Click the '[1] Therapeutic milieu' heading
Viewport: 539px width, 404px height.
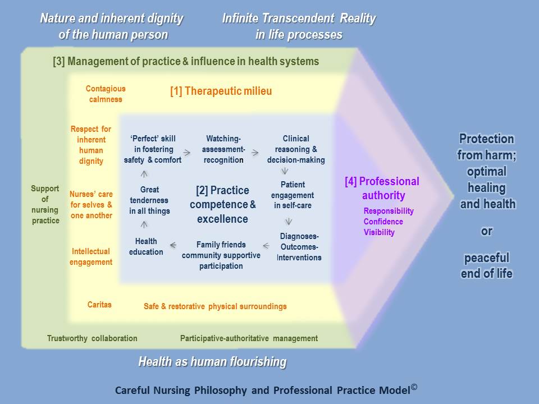[x=221, y=91]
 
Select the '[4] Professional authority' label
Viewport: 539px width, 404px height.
[x=382, y=189]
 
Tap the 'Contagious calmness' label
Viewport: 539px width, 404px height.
[x=106, y=94]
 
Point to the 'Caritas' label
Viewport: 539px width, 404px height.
[x=99, y=304]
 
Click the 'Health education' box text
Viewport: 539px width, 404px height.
[x=146, y=246]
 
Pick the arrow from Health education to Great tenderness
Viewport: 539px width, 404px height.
[x=144, y=224]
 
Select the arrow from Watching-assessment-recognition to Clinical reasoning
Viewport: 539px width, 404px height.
[x=255, y=153]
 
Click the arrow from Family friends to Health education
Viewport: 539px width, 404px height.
[x=173, y=245]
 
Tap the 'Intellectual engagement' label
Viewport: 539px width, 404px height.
[x=91, y=256]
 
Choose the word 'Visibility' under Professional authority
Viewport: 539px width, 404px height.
[x=379, y=232]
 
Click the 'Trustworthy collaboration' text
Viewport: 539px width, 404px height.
[x=92, y=338]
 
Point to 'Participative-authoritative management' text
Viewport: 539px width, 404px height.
[x=249, y=338]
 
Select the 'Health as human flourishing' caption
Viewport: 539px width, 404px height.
[x=212, y=362]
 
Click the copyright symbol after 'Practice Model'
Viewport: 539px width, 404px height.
[x=414, y=387]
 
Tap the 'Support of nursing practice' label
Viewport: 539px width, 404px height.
[x=45, y=204]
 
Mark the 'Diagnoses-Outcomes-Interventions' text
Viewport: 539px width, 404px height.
[x=299, y=247]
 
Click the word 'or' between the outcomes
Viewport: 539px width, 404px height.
[x=486, y=231]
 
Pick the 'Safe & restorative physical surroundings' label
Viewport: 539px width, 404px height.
[x=215, y=306]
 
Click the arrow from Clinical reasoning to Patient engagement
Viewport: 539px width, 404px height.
[x=285, y=171]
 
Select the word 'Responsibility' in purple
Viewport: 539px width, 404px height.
[x=389, y=211]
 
